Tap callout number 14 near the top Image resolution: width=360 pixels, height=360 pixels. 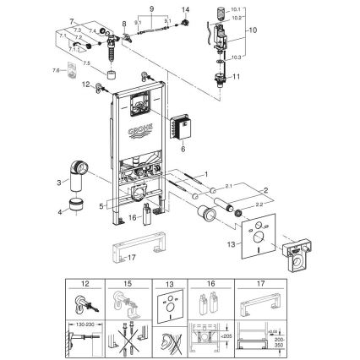(188, 8)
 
